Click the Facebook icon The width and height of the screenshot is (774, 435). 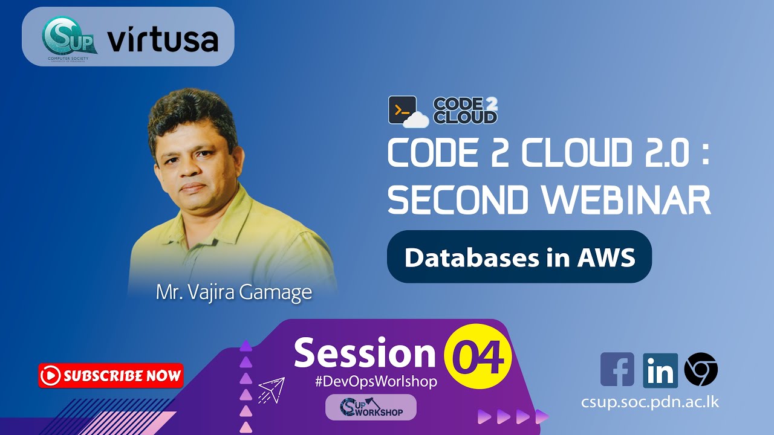click(x=617, y=370)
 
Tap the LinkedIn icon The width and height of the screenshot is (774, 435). click(x=660, y=370)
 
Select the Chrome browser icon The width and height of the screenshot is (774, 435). click(x=701, y=370)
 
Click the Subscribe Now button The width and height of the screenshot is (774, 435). click(x=111, y=376)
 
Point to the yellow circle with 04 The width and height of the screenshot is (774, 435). click(x=478, y=356)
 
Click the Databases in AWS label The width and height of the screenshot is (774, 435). click(x=519, y=257)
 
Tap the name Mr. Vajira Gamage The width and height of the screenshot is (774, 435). click(x=234, y=292)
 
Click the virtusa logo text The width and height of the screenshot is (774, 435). click(x=163, y=40)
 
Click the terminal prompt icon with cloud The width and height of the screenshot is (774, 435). click(x=407, y=111)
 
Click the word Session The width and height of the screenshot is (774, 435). click(x=365, y=353)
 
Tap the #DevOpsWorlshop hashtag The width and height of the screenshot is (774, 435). click(x=376, y=382)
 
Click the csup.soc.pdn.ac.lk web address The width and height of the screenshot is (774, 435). click(x=651, y=402)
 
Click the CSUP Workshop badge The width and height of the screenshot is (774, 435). click(x=371, y=407)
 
